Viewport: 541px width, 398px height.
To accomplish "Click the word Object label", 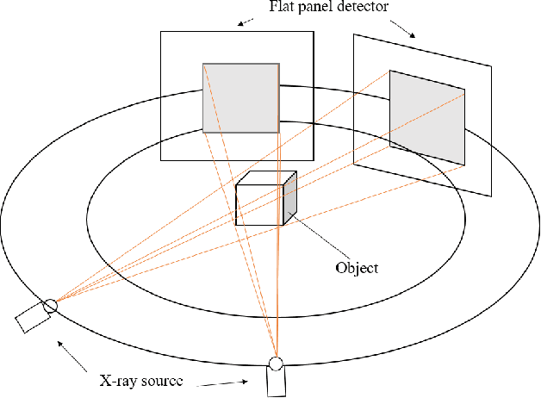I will tap(356, 268).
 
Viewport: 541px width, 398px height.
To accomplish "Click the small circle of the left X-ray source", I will tap(50, 304).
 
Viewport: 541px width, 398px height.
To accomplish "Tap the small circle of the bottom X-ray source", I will tap(276, 363).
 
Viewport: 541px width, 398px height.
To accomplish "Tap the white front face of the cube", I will tap(258, 204).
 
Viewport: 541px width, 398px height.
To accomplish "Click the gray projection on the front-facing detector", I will tap(240, 96).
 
